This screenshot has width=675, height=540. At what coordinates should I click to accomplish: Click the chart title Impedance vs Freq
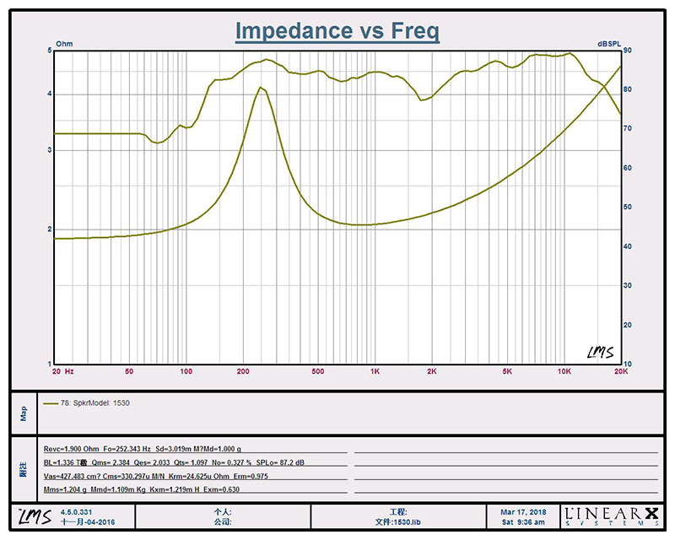(x=337, y=31)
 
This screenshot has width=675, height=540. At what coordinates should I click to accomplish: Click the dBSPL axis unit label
(x=611, y=44)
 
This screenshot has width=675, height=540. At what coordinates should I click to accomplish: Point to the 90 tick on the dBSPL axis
(x=628, y=51)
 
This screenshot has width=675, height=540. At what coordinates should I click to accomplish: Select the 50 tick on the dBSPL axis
(x=628, y=208)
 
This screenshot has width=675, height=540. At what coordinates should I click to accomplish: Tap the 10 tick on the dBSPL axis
(x=628, y=364)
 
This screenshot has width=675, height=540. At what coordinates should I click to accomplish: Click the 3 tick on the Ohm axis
(x=50, y=150)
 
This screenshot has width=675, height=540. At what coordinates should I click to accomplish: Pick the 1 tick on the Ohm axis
(x=50, y=364)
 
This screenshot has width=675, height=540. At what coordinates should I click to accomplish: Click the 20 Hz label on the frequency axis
(x=63, y=371)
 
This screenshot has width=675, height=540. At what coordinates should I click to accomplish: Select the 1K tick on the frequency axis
(x=375, y=371)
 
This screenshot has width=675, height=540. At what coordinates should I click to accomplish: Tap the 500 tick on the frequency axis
(x=318, y=371)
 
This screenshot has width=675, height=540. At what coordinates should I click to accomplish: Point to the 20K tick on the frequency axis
(x=620, y=371)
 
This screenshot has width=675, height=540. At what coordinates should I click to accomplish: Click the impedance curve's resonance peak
(x=262, y=88)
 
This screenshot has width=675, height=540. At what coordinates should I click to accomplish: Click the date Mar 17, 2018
(x=523, y=511)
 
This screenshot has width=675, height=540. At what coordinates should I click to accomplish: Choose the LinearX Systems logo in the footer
(x=609, y=516)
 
